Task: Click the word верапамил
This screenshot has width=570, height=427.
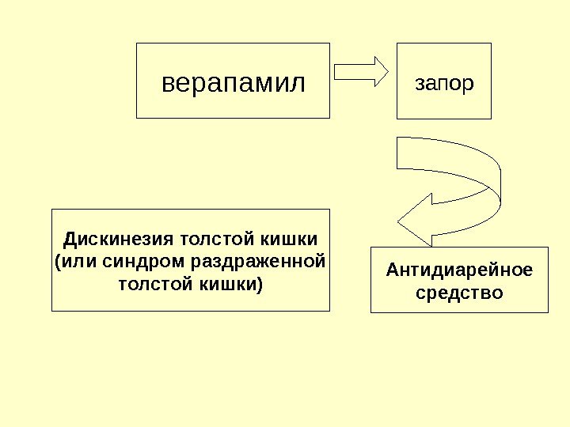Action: [233, 82]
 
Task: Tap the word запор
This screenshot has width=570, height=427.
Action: [444, 82]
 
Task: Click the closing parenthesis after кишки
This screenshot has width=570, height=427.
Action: [260, 282]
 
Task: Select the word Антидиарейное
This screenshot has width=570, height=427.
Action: [458, 270]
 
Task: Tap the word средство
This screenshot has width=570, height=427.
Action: [458, 293]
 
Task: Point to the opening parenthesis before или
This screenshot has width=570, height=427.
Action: [56, 260]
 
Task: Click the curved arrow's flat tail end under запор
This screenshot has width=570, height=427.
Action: [399, 153]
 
